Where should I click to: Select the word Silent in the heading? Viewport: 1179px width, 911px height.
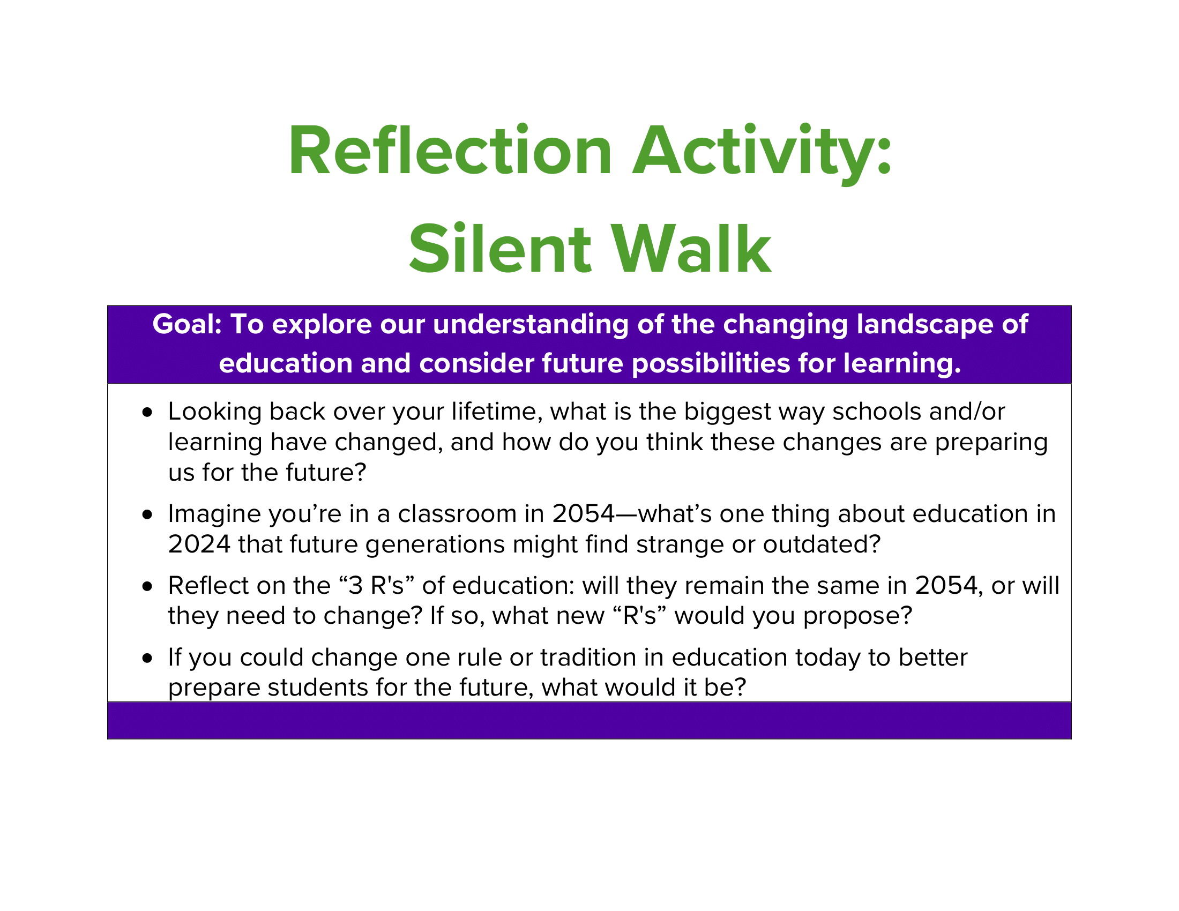[x=500, y=249]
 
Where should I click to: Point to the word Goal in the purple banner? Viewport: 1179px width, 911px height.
[x=184, y=324]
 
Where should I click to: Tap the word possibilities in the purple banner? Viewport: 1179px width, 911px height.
[x=711, y=364]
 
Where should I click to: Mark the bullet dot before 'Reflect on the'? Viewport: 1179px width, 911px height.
[x=147, y=587]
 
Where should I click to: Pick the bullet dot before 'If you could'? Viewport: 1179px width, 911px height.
[x=147, y=659]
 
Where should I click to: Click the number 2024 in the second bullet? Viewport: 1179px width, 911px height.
[x=199, y=544]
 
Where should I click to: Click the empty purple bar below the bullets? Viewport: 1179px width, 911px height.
[x=589, y=720]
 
